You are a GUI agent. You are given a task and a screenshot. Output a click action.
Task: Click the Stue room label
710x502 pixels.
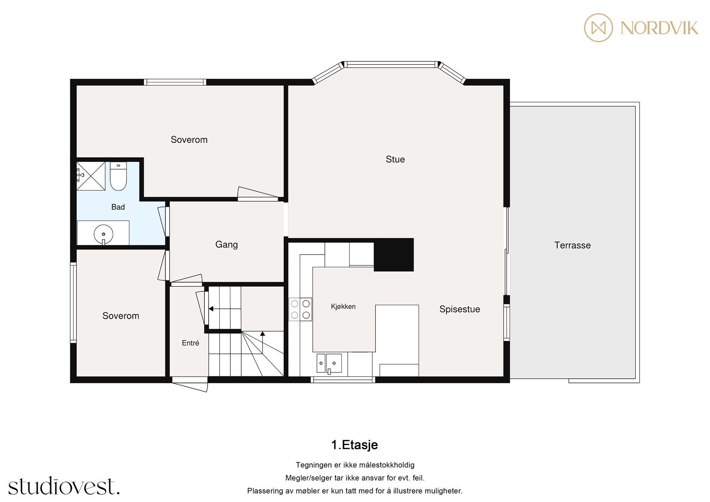[x=395, y=159]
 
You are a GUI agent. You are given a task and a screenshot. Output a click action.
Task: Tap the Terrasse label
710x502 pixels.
[x=572, y=245]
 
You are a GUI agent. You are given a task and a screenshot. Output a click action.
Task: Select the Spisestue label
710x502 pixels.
[x=460, y=309]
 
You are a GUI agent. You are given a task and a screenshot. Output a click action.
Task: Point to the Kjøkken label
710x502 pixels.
[x=343, y=307]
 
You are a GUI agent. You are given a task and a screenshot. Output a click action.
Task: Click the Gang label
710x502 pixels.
[x=226, y=245]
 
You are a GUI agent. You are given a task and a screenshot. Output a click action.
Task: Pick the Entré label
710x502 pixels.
[x=190, y=343]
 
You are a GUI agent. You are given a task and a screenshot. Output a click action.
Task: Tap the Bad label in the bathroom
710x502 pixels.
[x=118, y=207]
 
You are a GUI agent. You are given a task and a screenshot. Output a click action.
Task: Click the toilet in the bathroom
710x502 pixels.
[x=118, y=176]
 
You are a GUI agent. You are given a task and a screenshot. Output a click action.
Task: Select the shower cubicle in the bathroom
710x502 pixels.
[x=91, y=176]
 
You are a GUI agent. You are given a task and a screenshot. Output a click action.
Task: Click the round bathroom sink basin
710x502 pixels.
[x=103, y=234]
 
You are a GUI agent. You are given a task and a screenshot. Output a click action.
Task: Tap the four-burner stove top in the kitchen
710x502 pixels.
[x=300, y=309]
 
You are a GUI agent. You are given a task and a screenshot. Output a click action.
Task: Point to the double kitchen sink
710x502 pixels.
[x=329, y=364]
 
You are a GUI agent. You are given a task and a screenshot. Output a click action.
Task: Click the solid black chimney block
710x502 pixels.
[x=394, y=255]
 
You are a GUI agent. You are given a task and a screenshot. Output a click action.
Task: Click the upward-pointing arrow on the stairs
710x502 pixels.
[x=262, y=343]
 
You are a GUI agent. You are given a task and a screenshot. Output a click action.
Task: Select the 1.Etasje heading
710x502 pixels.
[x=355, y=445]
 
